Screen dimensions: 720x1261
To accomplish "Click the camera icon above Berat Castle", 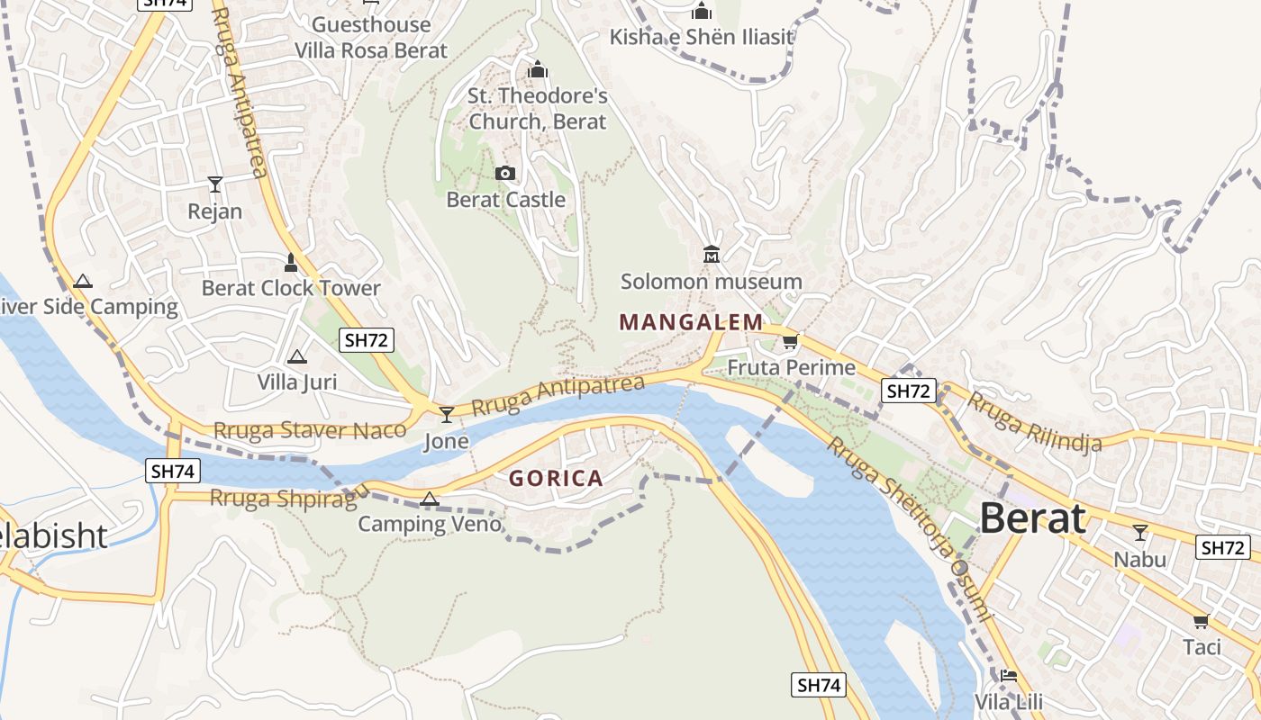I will point(505,173).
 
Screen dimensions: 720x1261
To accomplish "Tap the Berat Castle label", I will point(505,200).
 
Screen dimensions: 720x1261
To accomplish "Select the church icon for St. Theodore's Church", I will point(538,69).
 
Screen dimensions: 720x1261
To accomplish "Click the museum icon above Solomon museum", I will point(712,255).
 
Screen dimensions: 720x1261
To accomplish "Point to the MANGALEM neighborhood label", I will point(691,322).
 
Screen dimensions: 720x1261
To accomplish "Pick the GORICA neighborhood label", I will point(556,479).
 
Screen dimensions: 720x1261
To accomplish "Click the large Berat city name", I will point(1032,519).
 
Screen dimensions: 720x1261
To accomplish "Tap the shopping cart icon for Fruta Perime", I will point(790,341).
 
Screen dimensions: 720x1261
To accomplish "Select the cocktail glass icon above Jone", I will point(446,414).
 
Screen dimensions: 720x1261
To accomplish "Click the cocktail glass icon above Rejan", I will point(214,184).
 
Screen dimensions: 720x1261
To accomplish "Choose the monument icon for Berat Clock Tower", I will point(290,262).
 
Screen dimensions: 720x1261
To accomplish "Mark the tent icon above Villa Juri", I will point(296,356).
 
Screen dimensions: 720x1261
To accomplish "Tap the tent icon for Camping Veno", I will point(430,499).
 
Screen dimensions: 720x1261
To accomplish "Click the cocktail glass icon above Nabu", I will point(1139,533).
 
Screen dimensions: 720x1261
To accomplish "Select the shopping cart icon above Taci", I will point(1201,621).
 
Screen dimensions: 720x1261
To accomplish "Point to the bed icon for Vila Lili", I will point(1008,675).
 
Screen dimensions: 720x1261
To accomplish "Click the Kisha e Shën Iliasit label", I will point(702,37).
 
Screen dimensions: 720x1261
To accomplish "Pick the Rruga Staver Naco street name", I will point(310,430).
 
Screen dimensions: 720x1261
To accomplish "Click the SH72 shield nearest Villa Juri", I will point(367,340).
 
